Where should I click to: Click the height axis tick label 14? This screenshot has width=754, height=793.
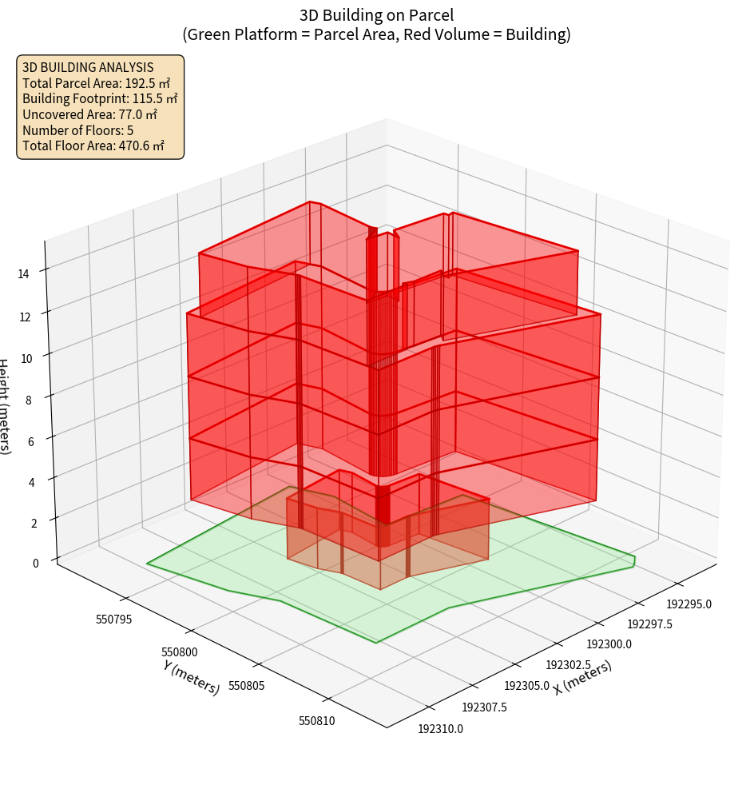(x=23, y=274)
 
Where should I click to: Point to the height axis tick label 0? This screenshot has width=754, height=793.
(x=35, y=564)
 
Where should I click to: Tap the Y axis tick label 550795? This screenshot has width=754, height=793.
(x=113, y=619)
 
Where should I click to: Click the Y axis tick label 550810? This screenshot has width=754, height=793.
(x=316, y=721)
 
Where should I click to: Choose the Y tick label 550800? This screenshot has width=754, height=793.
(x=180, y=652)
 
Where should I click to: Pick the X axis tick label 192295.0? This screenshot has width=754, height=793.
(x=689, y=604)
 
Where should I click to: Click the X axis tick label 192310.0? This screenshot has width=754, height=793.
(x=440, y=728)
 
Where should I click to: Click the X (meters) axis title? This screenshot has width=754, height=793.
(x=582, y=678)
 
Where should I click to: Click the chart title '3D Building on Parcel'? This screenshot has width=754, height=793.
(x=376, y=15)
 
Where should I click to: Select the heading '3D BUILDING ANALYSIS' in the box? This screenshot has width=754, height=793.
(x=88, y=67)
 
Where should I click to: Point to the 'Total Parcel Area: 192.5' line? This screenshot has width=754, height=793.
(x=96, y=83)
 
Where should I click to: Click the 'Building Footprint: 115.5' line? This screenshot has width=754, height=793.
(x=100, y=98)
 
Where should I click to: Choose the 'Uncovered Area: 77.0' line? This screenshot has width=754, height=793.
(x=89, y=114)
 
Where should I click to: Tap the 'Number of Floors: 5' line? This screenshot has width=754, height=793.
(x=78, y=130)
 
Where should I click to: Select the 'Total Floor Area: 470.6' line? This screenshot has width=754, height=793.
(x=93, y=145)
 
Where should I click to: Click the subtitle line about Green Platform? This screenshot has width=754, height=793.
(x=376, y=34)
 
